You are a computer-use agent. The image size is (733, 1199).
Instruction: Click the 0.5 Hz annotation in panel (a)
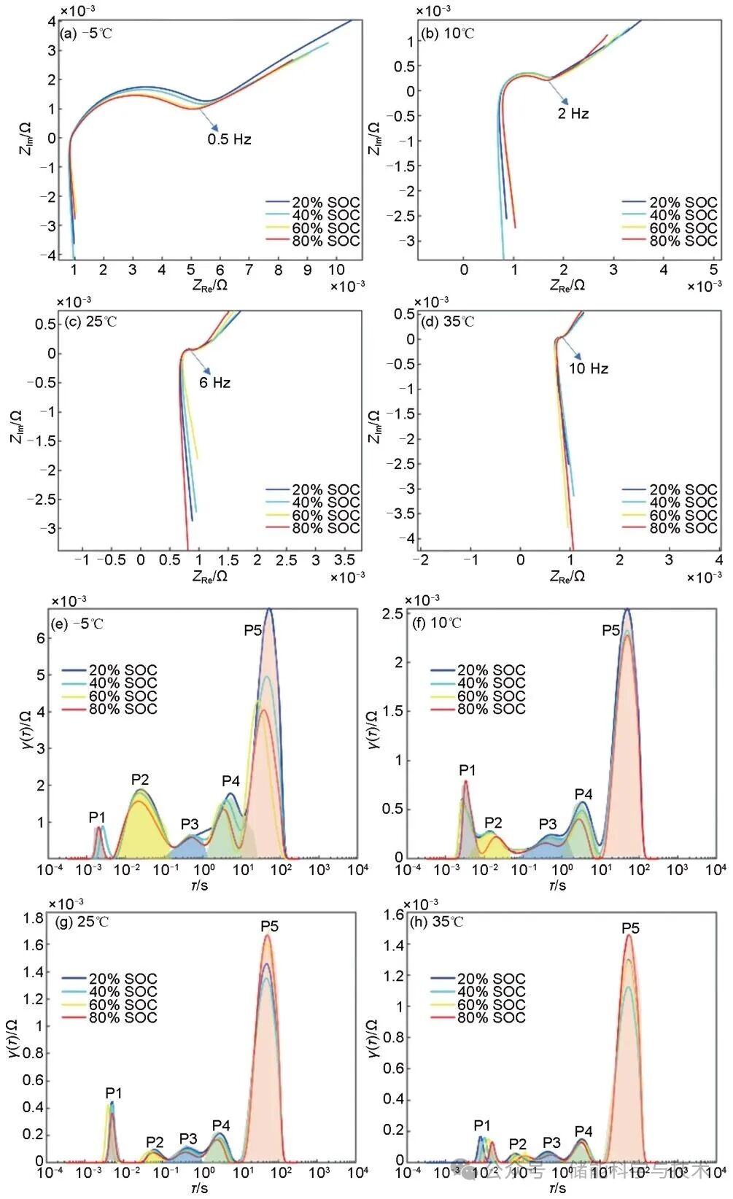229,139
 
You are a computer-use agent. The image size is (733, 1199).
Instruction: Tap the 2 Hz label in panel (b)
573,114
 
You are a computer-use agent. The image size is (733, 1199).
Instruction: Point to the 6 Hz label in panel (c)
214,383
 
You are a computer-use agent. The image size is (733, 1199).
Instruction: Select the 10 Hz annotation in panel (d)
588,369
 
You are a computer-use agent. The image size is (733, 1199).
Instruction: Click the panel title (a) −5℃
87,34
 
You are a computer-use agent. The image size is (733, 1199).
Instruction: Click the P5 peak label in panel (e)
252,629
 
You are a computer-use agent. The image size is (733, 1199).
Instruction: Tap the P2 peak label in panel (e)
139,780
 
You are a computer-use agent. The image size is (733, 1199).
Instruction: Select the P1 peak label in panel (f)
467,770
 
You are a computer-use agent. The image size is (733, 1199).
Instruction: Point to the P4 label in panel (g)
220,1126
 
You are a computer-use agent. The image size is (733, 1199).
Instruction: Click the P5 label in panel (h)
630,928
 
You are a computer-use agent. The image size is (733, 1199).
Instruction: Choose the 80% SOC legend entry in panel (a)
325,241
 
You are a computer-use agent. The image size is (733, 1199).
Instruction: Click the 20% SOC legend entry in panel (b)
683,202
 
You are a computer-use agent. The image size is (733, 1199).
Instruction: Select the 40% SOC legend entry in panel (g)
123,992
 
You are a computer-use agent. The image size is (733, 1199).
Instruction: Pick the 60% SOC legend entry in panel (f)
490,696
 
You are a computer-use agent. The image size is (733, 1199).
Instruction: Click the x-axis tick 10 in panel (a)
336,270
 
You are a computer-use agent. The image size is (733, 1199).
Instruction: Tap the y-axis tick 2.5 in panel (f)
392,614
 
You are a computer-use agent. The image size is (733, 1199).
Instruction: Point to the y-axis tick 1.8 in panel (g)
34,918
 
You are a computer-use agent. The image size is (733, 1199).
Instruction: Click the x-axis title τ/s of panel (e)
199,885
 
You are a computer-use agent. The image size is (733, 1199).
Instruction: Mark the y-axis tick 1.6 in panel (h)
394,915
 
